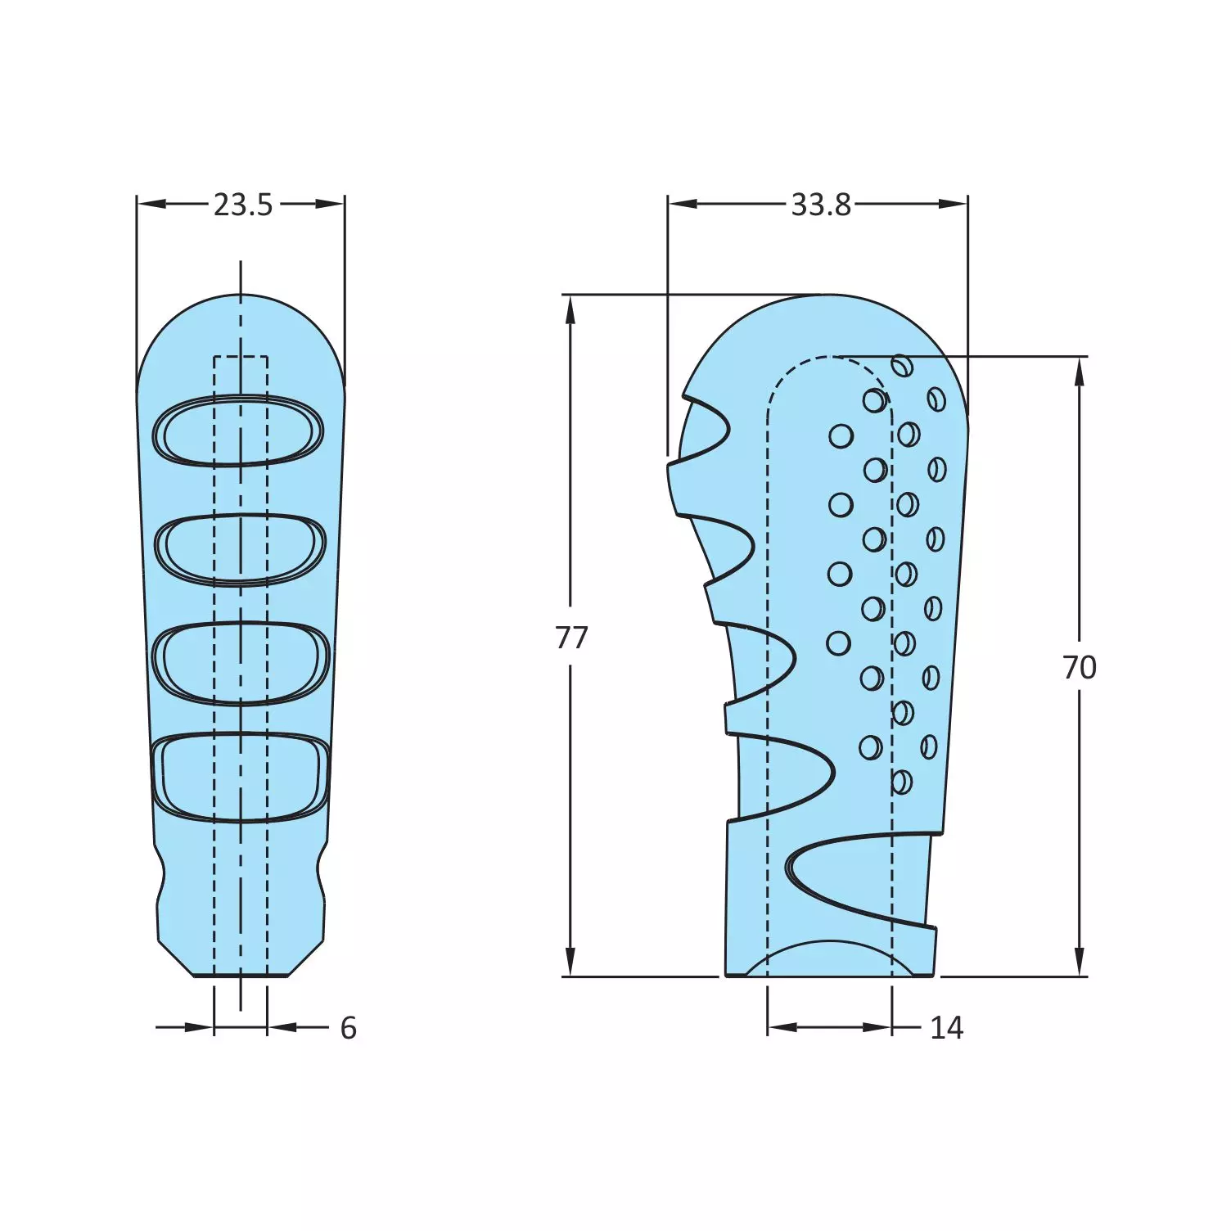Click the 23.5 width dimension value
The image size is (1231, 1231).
(243, 205)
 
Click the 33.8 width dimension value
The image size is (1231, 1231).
(820, 205)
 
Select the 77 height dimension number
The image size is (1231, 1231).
(571, 637)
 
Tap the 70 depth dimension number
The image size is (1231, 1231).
(1079, 668)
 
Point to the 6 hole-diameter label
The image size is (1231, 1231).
(349, 1028)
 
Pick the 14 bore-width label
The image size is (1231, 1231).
(946, 1028)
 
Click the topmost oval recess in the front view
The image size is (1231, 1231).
(239, 431)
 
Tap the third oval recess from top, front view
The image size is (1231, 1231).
(241, 663)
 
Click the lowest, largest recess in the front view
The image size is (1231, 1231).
(241, 777)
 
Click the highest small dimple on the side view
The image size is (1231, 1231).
(902, 366)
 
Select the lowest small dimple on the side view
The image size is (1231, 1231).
(901, 782)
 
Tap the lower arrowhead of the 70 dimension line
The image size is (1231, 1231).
(1080, 961)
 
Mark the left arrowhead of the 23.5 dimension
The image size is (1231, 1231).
(151, 204)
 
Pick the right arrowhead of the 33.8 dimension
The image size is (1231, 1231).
(953, 204)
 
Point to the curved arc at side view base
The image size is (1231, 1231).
(828, 949)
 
